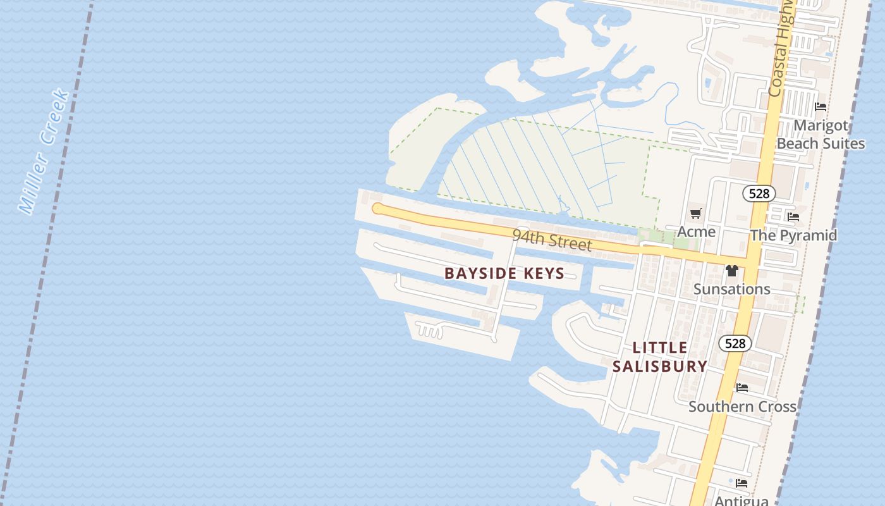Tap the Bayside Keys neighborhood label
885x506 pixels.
click(x=504, y=273)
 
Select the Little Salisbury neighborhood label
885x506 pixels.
click(x=660, y=357)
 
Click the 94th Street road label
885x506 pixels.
click(x=552, y=240)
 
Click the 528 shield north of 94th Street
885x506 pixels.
click(x=759, y=193)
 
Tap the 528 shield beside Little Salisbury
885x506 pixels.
click(x=735, y=343)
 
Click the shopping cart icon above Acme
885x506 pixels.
click(x=696, y=214)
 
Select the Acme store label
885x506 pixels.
click(x=696, y=231)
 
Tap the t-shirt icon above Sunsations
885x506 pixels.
click(x=732, y=271)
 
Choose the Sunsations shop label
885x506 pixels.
click(x=732, y=289)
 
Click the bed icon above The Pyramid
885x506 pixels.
click(x=793, y=217)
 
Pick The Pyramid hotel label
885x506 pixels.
click(x=793, y=235)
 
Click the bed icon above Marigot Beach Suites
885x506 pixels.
click(x=821, y=107)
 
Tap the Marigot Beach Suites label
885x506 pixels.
click(x=821, y=134)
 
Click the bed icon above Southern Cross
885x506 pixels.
click(x=742, y=387)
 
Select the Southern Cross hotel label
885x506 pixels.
click(x=742, y=406)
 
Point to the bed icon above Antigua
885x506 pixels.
click(x=742, y=483)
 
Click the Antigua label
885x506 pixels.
click(x=742, y=500)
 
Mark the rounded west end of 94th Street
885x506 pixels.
click(x=378, y=208)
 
